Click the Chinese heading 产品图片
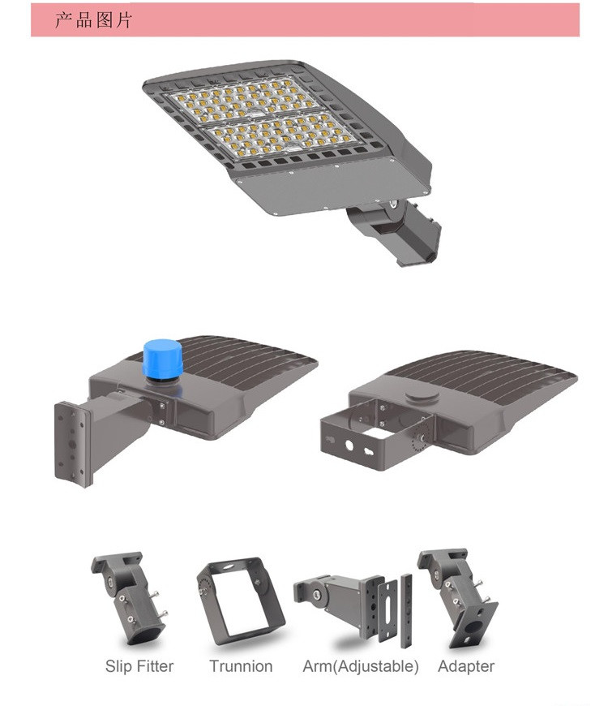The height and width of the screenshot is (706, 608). point(93,20)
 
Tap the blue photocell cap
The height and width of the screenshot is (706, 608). point(162,359)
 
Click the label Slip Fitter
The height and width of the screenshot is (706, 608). point(139,666)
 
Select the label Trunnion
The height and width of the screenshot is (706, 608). point(241,666)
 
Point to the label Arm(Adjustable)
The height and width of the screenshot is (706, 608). point(361,666)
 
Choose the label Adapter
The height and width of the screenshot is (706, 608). point(466,666)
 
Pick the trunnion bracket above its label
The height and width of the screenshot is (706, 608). point(241,600)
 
